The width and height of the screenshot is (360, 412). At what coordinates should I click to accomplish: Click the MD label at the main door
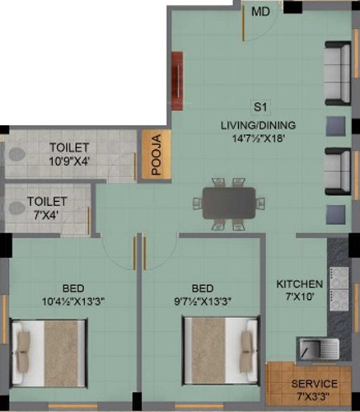click(x=260, y=12)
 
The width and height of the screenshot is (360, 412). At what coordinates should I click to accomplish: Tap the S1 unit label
click(x=260, y=107)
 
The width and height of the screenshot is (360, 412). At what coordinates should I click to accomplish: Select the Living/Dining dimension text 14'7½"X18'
click(x=259, y=138)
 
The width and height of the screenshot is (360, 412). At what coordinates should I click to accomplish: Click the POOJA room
click(x=157, y=155)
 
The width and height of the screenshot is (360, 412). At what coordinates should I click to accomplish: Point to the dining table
click(x=229, y=204)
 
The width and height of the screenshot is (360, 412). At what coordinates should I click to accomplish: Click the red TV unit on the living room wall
click(x=177, y=81)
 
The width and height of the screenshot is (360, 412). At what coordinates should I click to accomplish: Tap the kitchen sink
click(x=319, y=348)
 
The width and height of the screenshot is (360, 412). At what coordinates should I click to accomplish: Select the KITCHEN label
click(x=300, y=284)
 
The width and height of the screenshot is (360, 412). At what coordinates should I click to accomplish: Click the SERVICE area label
click(x=315, y=384)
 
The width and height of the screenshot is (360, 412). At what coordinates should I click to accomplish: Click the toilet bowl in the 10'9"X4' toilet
click(x=16, y=154)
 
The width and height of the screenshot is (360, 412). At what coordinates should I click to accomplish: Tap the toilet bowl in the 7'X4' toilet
click(x=16, y=208)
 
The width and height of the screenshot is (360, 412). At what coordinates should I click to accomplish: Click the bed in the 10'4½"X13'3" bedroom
click(x=49, y=353)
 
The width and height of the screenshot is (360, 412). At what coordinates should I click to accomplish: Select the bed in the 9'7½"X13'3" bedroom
click(x=221, y=351)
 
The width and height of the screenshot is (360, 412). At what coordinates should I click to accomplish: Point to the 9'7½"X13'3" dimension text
click(x=202, y=302)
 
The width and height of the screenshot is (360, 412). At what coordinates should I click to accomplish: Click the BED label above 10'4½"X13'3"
click(x=73, y=288)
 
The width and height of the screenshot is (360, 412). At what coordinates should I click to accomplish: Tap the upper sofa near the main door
click(x=339, y=73)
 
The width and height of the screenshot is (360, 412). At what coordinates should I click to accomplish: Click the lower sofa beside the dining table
click(x=339, y=171)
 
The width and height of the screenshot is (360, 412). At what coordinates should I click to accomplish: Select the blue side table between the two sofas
click(x=335, y=126)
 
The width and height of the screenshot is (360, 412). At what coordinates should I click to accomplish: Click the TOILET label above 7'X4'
click(x=47, y=202)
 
